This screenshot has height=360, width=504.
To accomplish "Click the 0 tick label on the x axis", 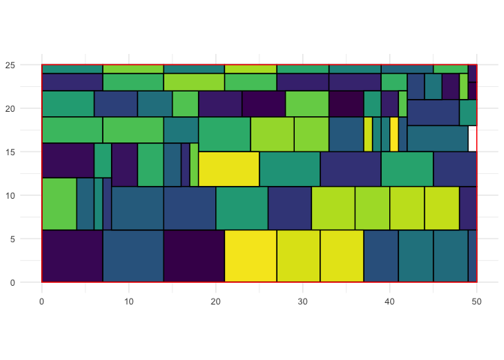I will [x=42, y=300].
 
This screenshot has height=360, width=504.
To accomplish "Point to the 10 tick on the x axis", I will [x=129, y=300].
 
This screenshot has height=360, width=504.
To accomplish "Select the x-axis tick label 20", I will [x=216, y=300].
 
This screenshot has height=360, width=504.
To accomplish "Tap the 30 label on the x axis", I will [x=303, y=300].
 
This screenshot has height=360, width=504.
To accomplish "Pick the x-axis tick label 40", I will [x=390, y=300].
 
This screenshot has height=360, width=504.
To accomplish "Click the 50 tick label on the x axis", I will [x=477, y=300].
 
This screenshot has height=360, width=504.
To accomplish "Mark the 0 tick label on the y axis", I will [x=27, y=283].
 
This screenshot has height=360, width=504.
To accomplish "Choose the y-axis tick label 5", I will [x=27, y=239].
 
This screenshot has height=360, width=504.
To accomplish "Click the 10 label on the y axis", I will [x=25, y=196].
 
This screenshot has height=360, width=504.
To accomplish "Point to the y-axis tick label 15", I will [x=25, y=152].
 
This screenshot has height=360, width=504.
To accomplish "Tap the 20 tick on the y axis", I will [x=25, y=109].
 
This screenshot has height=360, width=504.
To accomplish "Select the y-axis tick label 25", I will [x=25, y=65].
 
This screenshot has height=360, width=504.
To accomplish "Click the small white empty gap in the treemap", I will [x=472, y=139].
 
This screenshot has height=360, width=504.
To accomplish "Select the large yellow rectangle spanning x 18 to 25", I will [x=229, y=169].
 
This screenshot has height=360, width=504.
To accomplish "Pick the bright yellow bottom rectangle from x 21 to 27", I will [x=250, y=256].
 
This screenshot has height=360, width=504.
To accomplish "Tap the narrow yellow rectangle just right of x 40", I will [x=394, y=134].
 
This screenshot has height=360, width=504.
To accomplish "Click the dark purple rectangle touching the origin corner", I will [x=72, y=256].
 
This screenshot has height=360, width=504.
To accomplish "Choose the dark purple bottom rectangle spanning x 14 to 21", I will [x=194, y=256].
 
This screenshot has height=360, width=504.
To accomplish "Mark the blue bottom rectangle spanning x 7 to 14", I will [x=133, y=256].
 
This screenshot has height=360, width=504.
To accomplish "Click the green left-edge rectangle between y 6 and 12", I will [x=59, y=203].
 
